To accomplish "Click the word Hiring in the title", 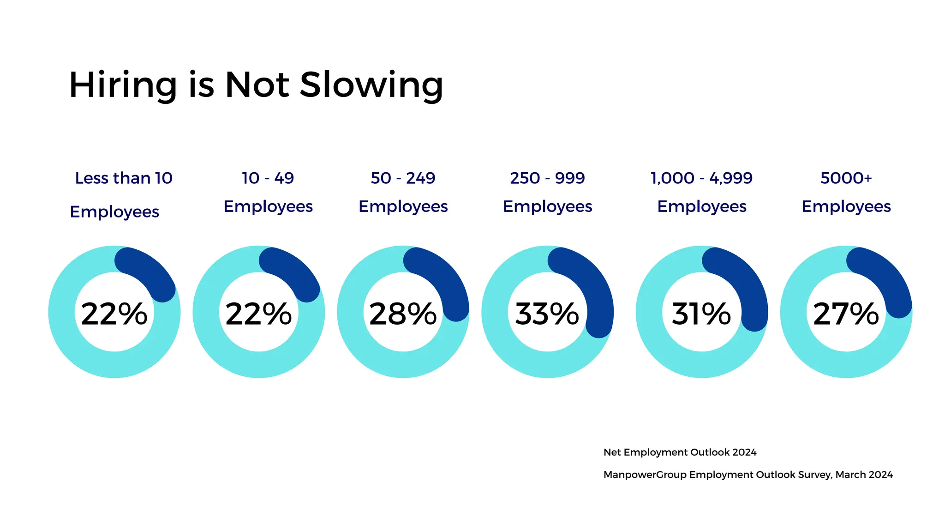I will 123,85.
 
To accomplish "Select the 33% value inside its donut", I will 547,314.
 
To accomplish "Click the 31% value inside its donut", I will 701,314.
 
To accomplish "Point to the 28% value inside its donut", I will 403,314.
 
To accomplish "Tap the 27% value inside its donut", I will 846,314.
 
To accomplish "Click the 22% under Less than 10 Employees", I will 114,314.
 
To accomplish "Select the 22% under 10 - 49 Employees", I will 258,314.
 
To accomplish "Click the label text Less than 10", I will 124,178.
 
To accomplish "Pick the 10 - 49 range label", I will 268,178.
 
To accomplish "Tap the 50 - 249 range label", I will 403,178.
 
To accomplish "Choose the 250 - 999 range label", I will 547,178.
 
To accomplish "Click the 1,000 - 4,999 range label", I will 701,178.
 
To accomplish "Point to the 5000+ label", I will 846,178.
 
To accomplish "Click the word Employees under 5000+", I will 846,206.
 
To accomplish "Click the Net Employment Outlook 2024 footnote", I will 680,453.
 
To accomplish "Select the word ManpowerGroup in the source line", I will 645,475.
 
